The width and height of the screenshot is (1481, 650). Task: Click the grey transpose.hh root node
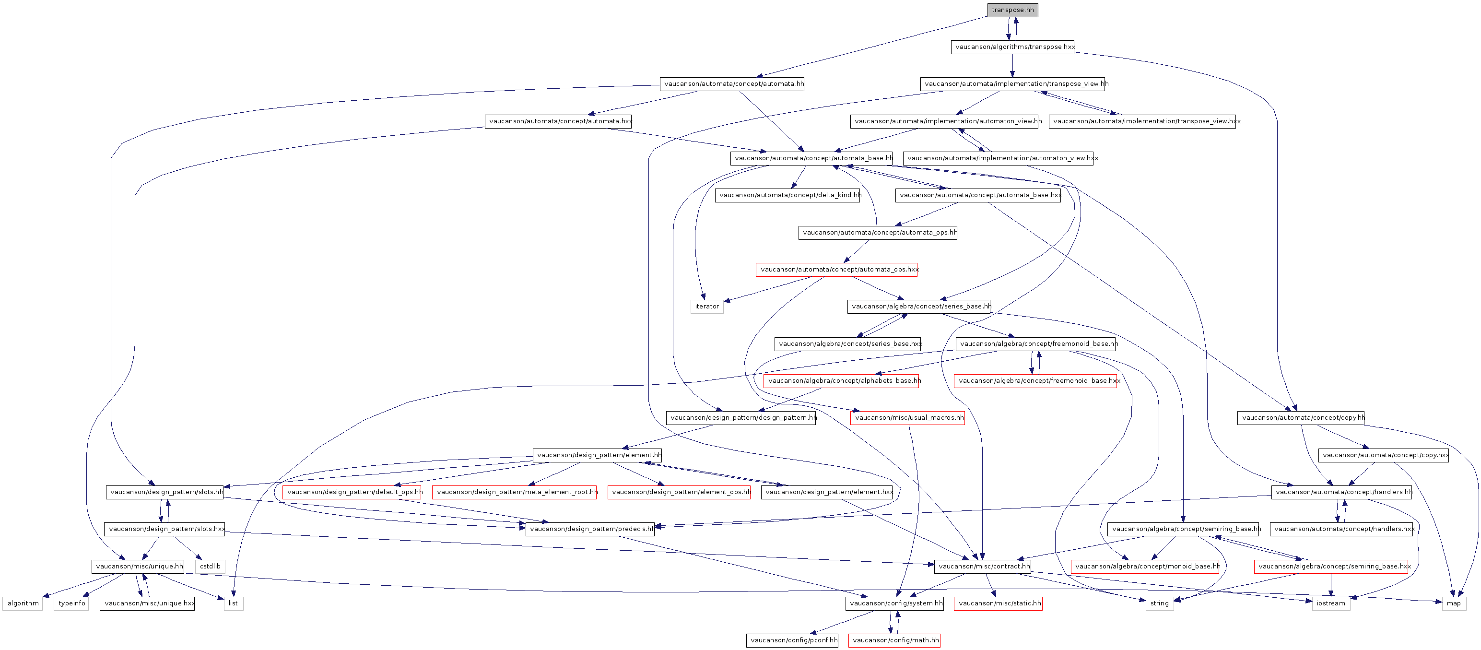click(1012, 10)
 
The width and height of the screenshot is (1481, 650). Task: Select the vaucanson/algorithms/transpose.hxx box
click(1012, 47)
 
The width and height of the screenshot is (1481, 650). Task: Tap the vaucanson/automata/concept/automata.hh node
click(732, 84)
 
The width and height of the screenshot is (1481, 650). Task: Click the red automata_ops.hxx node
click(836, 270)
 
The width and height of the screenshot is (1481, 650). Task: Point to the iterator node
click(706, 307)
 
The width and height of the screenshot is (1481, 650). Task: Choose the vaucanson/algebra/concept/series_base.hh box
click(919, 307)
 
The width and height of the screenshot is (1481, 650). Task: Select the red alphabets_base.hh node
click(841, 381)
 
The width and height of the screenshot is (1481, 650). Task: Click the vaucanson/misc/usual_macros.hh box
click(907, 418)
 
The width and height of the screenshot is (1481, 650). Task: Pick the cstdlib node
click(210, 567)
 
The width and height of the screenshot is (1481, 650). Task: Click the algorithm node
click(23, 603)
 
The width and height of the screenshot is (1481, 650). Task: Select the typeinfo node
click(71, 603)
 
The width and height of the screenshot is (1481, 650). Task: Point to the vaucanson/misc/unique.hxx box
click(147, 603)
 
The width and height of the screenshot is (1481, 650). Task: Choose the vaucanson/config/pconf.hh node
click(793, 640)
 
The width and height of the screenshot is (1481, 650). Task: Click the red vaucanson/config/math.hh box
click(894, 640)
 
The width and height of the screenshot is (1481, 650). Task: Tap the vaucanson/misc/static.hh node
click(998, 603)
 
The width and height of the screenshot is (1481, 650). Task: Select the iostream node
click(1331, 603)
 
